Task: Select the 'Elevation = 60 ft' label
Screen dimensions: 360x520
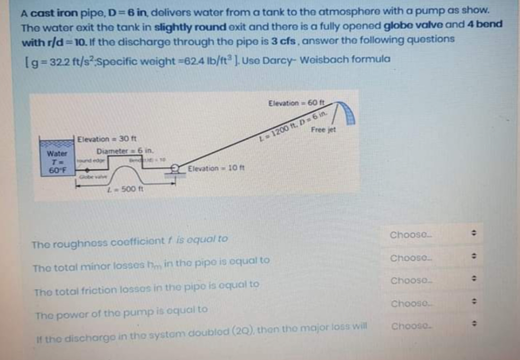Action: [x=299, y=103]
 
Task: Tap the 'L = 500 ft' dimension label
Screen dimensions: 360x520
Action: [x=123, y=189]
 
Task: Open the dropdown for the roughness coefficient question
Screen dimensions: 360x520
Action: [x=432, y=234]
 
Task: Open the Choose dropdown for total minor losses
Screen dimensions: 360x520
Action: [x=432, y=258]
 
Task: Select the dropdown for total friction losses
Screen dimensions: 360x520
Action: [x=432, y=281]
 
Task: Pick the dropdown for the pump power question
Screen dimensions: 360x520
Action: [x=432, y=304]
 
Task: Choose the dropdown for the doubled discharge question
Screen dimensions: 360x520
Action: [x=432, y=326]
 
